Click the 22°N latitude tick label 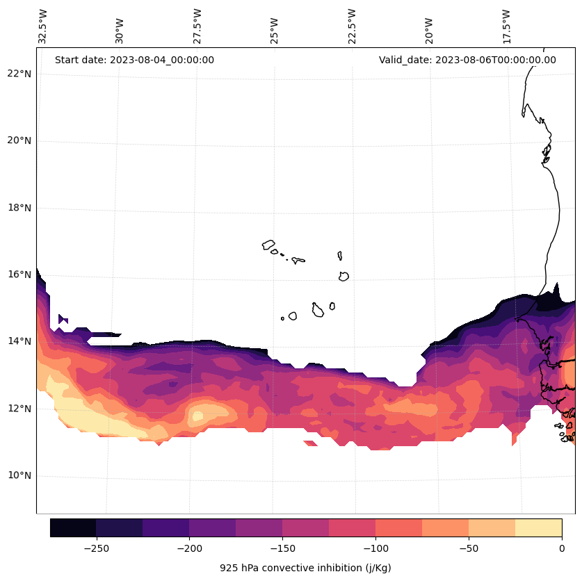(x=19, y=74)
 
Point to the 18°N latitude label (x=19, y=208)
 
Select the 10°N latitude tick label (x=19, y=476)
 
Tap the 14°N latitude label (x=19, y=341)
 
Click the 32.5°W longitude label (x=43, y=26)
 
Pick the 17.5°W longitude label (x=506, y=26)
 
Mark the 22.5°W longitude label (x=352, y=26)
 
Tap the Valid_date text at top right (x=467, y=60)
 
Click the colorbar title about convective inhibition (x=305, y=568)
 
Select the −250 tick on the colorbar (x=96, y=549)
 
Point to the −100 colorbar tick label (x=375, y=549)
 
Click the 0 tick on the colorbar (x=562, y=549)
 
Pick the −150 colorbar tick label (x=282, y=549)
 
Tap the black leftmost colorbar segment (x=73, y=527)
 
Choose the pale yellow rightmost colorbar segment (x=538, y=527)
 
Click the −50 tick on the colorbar (x=469, y=549)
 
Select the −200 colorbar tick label (x=189, y=549)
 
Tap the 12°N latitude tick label (x=19, y=409)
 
